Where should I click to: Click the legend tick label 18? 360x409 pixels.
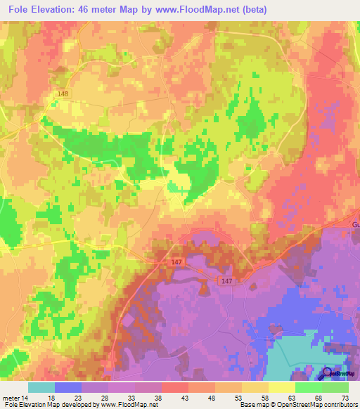pyautogui.click(x=51, y=398)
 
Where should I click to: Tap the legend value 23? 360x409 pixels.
pyautogui.click(x=77, y=398)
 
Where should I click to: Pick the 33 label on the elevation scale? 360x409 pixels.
pyautogui.click(x=131, y=398)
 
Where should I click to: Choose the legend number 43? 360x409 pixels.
pyautogui.click(x=184, y=398)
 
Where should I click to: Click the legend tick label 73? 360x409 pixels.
pyautogui.click(x=344, y=398)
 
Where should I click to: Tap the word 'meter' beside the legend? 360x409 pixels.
pyautogui.click(x=11, y=398)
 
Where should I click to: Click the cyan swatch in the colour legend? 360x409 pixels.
pyautogui.click(x=41, y=387)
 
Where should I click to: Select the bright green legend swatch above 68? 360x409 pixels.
pyautogui.click(x=308, y=387)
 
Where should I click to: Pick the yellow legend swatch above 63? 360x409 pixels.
pyautogui.click(x=281, y=387)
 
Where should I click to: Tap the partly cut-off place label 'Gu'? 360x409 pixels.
pyautogui.click(x=355, y=224)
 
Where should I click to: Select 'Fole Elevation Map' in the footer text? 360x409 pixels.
pyautogui.click(x=32, y=405)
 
